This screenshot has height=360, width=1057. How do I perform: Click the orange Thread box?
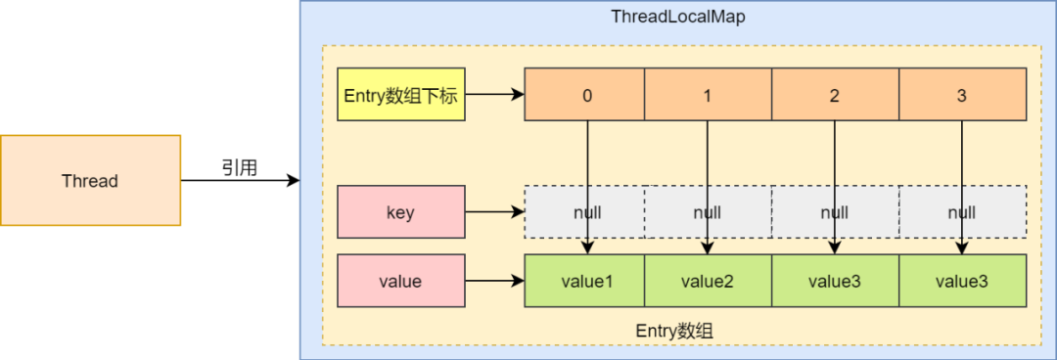[90, 181]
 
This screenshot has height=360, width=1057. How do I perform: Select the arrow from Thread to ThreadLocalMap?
[240, 181]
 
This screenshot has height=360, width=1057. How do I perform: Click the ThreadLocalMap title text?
[678, 17]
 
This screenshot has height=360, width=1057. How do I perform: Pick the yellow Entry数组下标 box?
[400, 95]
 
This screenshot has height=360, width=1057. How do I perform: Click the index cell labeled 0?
[585, 95]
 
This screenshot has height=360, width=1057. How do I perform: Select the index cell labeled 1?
[708, 95]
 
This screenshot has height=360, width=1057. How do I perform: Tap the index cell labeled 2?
[835, 95]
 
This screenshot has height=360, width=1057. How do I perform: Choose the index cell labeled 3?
[962, 95]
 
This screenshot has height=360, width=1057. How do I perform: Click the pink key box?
[400, 212]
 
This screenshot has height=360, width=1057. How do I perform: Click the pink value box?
[400, 281]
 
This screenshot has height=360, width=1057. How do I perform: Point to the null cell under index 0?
[585, 212]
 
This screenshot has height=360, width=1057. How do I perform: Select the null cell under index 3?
[962, 212]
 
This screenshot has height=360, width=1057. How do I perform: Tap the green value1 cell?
[585, 281]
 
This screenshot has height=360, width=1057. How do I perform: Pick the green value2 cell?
[708, 281]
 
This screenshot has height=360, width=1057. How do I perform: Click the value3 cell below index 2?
[835, 281]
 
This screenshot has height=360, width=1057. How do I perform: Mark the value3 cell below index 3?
[962, 281]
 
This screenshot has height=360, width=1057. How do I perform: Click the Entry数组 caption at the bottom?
[674, 331]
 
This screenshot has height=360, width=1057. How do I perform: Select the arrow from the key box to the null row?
[494, 212]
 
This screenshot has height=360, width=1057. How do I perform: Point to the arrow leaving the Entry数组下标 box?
[494, 95]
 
